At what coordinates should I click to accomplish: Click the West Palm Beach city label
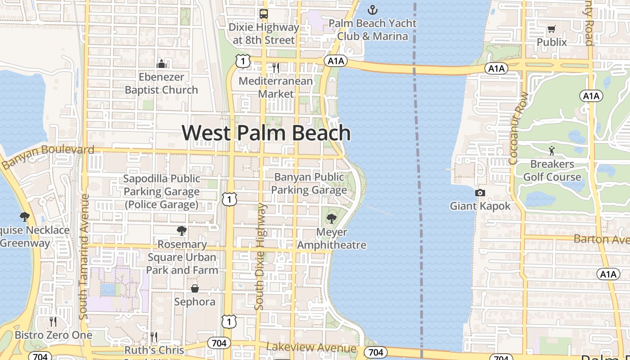click(266, 133)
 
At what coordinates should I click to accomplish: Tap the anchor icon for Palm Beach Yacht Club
click(372, 9)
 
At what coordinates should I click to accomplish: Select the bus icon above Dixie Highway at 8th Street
click(264, 14)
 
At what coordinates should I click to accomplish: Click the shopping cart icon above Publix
click(552, 29)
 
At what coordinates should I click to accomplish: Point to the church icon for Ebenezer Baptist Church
click(161, 64)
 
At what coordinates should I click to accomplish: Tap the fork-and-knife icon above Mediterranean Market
click(276, 68)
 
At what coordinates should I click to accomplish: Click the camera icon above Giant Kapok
click(480, 193)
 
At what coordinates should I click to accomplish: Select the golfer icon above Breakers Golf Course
click(552, 151)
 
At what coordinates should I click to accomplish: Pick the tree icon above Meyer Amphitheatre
click(332, 219)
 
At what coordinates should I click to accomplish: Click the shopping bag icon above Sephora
click(195, 288)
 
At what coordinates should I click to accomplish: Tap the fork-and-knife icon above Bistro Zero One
click(53, 322)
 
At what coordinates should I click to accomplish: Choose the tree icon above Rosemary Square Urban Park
click(182, 231)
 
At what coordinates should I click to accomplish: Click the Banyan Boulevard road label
click(48, 156)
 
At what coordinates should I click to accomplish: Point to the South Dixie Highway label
click(260, 256)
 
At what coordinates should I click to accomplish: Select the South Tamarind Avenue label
click(84, 256)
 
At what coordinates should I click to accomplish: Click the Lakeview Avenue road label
click(311, 348)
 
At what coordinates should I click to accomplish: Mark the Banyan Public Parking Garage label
click(309, 184)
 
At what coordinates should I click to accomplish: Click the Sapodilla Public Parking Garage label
click(162, 192)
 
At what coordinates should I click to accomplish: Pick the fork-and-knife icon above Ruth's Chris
click(154, 337)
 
